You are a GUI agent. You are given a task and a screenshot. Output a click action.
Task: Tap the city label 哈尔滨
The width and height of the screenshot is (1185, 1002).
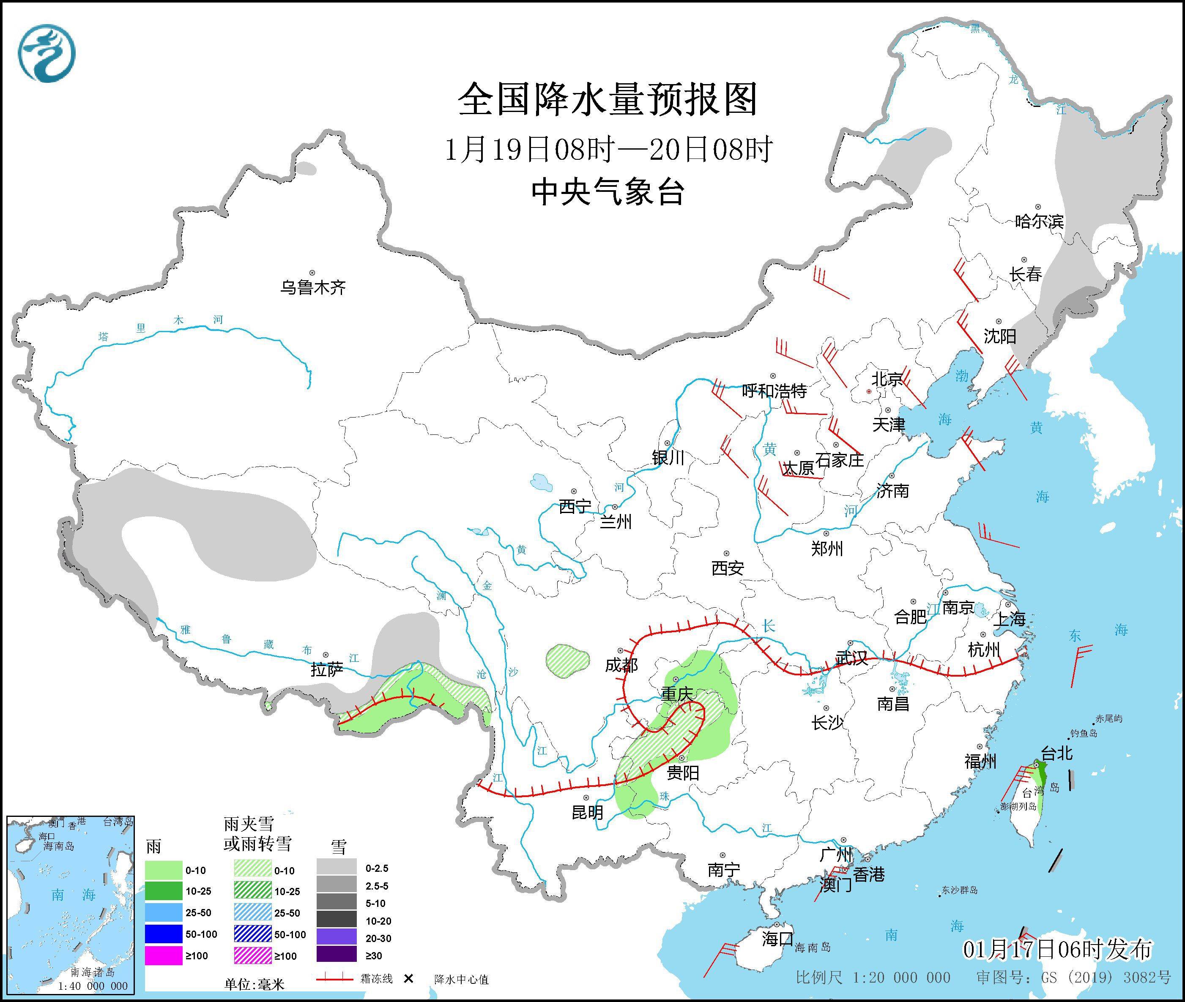(x=1039, y=221)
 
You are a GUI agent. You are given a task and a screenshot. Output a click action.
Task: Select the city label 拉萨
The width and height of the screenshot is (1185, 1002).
(x=327, y=670)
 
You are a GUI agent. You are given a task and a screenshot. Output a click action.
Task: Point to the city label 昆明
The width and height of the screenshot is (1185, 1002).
(x=587, y=813)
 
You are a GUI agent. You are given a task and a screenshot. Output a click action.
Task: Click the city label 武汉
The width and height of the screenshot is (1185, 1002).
(x=851, y=658)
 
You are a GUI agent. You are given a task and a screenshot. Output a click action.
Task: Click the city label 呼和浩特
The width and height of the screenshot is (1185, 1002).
(x=774, y=391)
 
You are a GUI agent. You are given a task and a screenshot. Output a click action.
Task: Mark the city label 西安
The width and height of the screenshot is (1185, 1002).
(x=728, y=568)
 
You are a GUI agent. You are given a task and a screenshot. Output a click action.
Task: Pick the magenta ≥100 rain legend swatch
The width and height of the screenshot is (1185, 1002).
(x=162, y=956)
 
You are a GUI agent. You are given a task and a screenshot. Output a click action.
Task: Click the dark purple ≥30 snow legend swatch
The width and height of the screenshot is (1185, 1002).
(x=337, y=956)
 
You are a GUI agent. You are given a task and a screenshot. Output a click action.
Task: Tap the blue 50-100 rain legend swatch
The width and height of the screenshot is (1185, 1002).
(x=162, y=934)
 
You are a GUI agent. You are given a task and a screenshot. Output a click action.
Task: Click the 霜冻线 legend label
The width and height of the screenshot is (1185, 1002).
(x=376, y=979)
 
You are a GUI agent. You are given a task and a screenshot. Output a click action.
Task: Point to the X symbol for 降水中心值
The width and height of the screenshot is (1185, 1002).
(x=408, y=979)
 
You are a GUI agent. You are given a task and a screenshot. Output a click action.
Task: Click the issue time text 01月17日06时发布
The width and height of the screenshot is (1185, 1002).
(x=1058, y=949)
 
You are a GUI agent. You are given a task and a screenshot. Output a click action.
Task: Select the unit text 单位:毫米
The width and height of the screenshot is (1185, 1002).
(x=254, y=984)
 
